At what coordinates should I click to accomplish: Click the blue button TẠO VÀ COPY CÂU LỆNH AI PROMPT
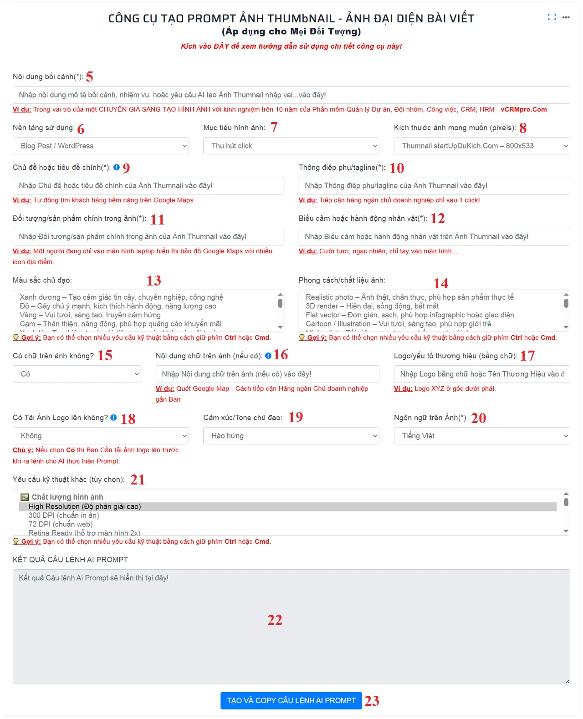pos(291,700)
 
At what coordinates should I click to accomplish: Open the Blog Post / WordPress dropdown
pos(101,146)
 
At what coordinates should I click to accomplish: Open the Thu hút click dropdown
pos(291,146)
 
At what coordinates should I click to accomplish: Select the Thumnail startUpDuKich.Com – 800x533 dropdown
pos(481,146)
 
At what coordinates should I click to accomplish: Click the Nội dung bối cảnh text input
pos(291,95)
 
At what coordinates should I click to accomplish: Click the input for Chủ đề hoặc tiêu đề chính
pos(148,186)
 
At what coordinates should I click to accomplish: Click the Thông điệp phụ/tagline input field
pos(434,186)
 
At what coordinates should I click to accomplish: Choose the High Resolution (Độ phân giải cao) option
pos(85,506)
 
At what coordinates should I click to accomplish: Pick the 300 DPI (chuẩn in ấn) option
pos(64,515)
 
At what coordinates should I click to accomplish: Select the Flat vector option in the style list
pos(410,315)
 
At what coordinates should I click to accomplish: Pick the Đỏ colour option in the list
pos(118,306)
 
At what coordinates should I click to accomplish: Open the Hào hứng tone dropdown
pos(291,436)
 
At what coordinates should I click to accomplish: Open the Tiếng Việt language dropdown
pos(481,436)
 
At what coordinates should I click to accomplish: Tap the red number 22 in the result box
pos(275,620)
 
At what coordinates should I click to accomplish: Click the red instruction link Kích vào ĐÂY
pos(291,46)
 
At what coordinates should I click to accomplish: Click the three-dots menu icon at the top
pos(566,17)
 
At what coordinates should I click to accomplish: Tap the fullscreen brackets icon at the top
pos(552,17)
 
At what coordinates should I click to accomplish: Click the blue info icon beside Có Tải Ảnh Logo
pos(113,418)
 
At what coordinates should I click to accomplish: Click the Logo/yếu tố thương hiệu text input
pos(481,374)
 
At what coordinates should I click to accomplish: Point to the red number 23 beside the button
pos(372,701)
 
